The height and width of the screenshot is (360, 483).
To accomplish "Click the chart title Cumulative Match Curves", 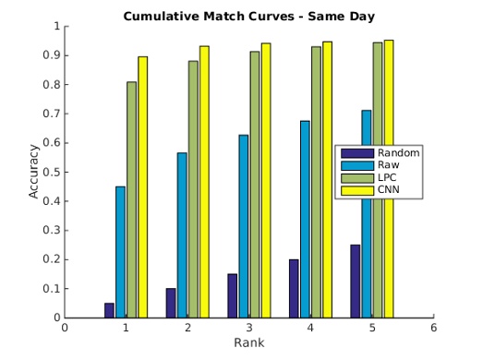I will (248, 16).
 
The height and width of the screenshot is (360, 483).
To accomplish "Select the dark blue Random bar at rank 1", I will (109, 310).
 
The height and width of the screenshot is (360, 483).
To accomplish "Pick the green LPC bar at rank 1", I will (131, 199).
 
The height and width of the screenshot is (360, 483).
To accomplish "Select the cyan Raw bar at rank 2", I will (182, 235).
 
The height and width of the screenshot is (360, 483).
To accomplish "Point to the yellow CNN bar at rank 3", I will (266, 180).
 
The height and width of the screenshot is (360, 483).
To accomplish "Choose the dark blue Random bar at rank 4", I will (294, 288).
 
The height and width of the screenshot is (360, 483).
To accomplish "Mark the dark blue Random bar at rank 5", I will (355, 281).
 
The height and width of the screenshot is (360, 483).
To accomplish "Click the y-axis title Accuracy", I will (34, 172).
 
